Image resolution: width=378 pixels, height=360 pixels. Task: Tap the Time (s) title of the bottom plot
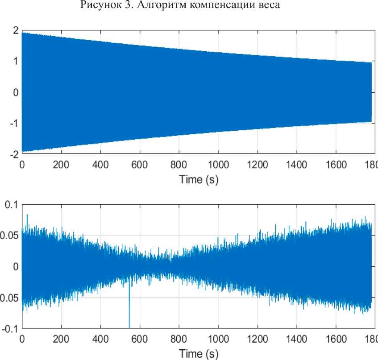199,354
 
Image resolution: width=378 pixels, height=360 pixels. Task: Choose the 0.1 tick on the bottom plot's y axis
11,205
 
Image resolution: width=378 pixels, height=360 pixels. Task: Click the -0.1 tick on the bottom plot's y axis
9,329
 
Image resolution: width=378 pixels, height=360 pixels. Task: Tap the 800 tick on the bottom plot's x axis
179,339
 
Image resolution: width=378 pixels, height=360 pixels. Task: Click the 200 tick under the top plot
61,165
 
